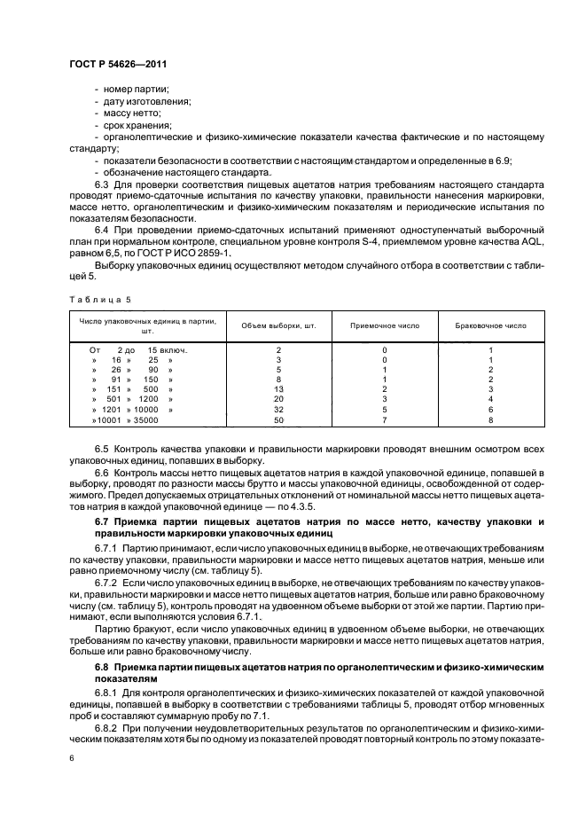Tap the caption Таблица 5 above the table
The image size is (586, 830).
(91, 300)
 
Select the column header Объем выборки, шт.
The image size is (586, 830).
(278, 325)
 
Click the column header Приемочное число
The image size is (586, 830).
(385, 325)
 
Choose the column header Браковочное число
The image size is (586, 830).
(490, 325)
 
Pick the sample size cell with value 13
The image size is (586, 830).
(278, 389)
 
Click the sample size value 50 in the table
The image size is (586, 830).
(278, 419)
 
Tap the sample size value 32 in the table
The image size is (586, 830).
(278, 409)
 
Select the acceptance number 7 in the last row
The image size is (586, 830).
(385, 419)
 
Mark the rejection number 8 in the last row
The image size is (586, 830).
(490, 419)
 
